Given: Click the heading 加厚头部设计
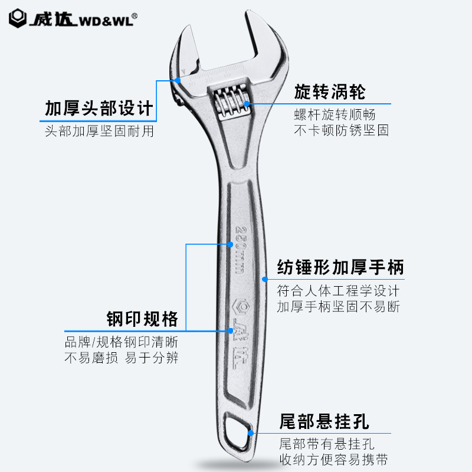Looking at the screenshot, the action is [x=99, y=109].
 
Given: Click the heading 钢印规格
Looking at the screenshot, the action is [x=142, y=319].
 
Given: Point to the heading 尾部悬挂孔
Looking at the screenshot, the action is [x=324, y=422].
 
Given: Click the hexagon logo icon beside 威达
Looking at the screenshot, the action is [x=18, y=18].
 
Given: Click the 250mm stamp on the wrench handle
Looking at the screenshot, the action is [x=240, y=249].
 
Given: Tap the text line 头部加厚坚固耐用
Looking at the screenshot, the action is [x=99, y=131].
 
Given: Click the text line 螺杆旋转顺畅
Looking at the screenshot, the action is [x=335, y=114].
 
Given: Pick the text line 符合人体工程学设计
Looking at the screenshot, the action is [x=339, y=291].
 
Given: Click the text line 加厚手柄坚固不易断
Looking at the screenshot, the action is [x=339, y=307].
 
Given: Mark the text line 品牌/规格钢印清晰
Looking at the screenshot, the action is [x=121, y=342].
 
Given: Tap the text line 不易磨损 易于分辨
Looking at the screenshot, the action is [x=121, y=358].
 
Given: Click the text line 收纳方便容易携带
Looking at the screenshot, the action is [x=334, y=460].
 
